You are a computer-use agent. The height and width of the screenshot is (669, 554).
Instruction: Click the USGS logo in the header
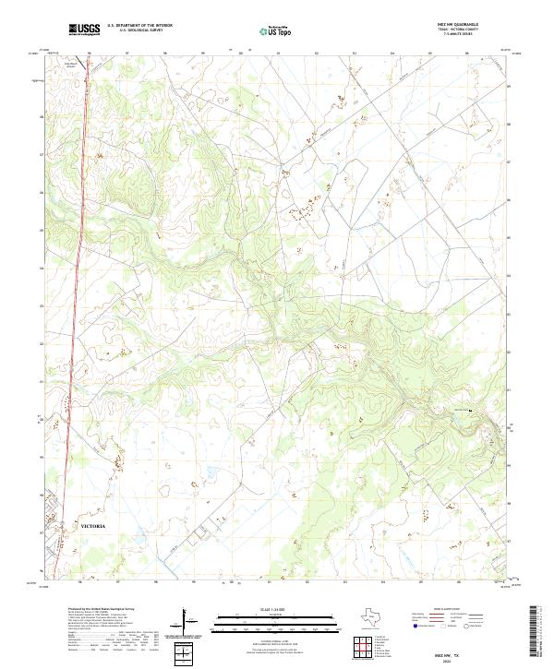pos(85,30)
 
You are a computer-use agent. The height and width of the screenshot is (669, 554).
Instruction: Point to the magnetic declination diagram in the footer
pos(192,622)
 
